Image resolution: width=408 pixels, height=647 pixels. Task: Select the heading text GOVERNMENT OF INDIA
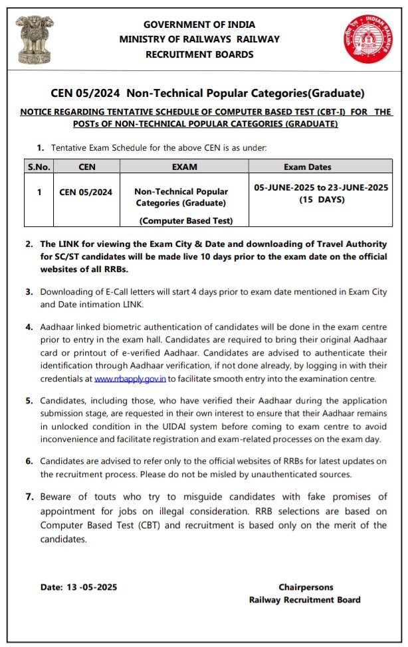199,25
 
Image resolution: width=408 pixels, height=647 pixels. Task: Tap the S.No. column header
39,167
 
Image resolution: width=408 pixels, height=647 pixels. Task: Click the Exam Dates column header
321,167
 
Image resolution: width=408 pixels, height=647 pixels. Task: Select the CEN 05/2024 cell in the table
86,192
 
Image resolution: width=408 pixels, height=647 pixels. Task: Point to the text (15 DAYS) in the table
321,199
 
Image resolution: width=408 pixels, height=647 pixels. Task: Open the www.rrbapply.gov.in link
130,379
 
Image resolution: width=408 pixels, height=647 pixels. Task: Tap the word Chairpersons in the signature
306,587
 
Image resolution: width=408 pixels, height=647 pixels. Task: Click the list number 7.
29,496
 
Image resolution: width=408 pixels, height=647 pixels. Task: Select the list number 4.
29,327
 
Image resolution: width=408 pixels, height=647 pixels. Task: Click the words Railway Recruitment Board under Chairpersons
304,600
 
